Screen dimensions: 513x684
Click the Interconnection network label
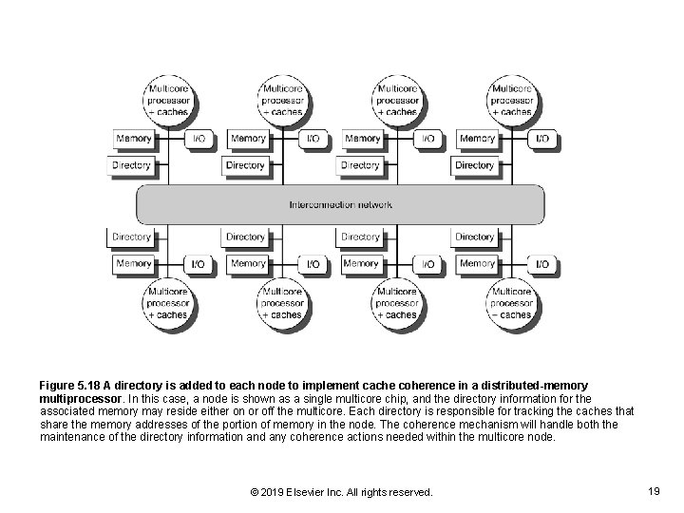click(341, 204)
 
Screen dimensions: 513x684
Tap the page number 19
click(653, 491)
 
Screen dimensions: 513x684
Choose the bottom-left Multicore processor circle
click(167, 303)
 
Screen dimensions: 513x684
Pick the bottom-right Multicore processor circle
click(512, 303)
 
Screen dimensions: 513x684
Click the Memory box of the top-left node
click(134, 139)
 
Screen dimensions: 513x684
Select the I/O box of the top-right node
click(541, 139)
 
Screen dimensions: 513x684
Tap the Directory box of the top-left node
click(132, 165)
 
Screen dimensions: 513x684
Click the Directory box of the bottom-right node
click(475, 237)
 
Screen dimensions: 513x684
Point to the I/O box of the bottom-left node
click(198, 263)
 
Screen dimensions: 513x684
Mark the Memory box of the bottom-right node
click(478, 263)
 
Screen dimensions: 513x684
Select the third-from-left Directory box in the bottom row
click(360, 237)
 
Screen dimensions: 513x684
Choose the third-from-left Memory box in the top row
click(363, 139)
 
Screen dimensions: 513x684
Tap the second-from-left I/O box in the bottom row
click(313, 263)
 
